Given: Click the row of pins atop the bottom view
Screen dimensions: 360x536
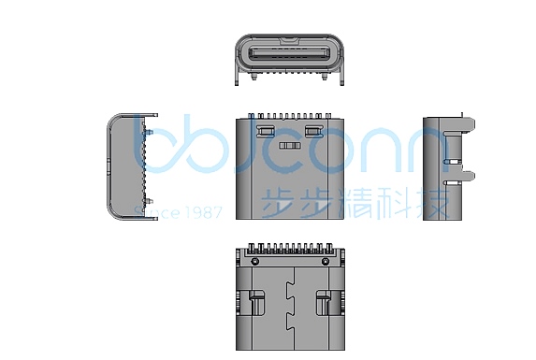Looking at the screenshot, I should (x=290, y=252).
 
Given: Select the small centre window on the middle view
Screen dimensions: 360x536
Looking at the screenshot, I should (x=290, y=148).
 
